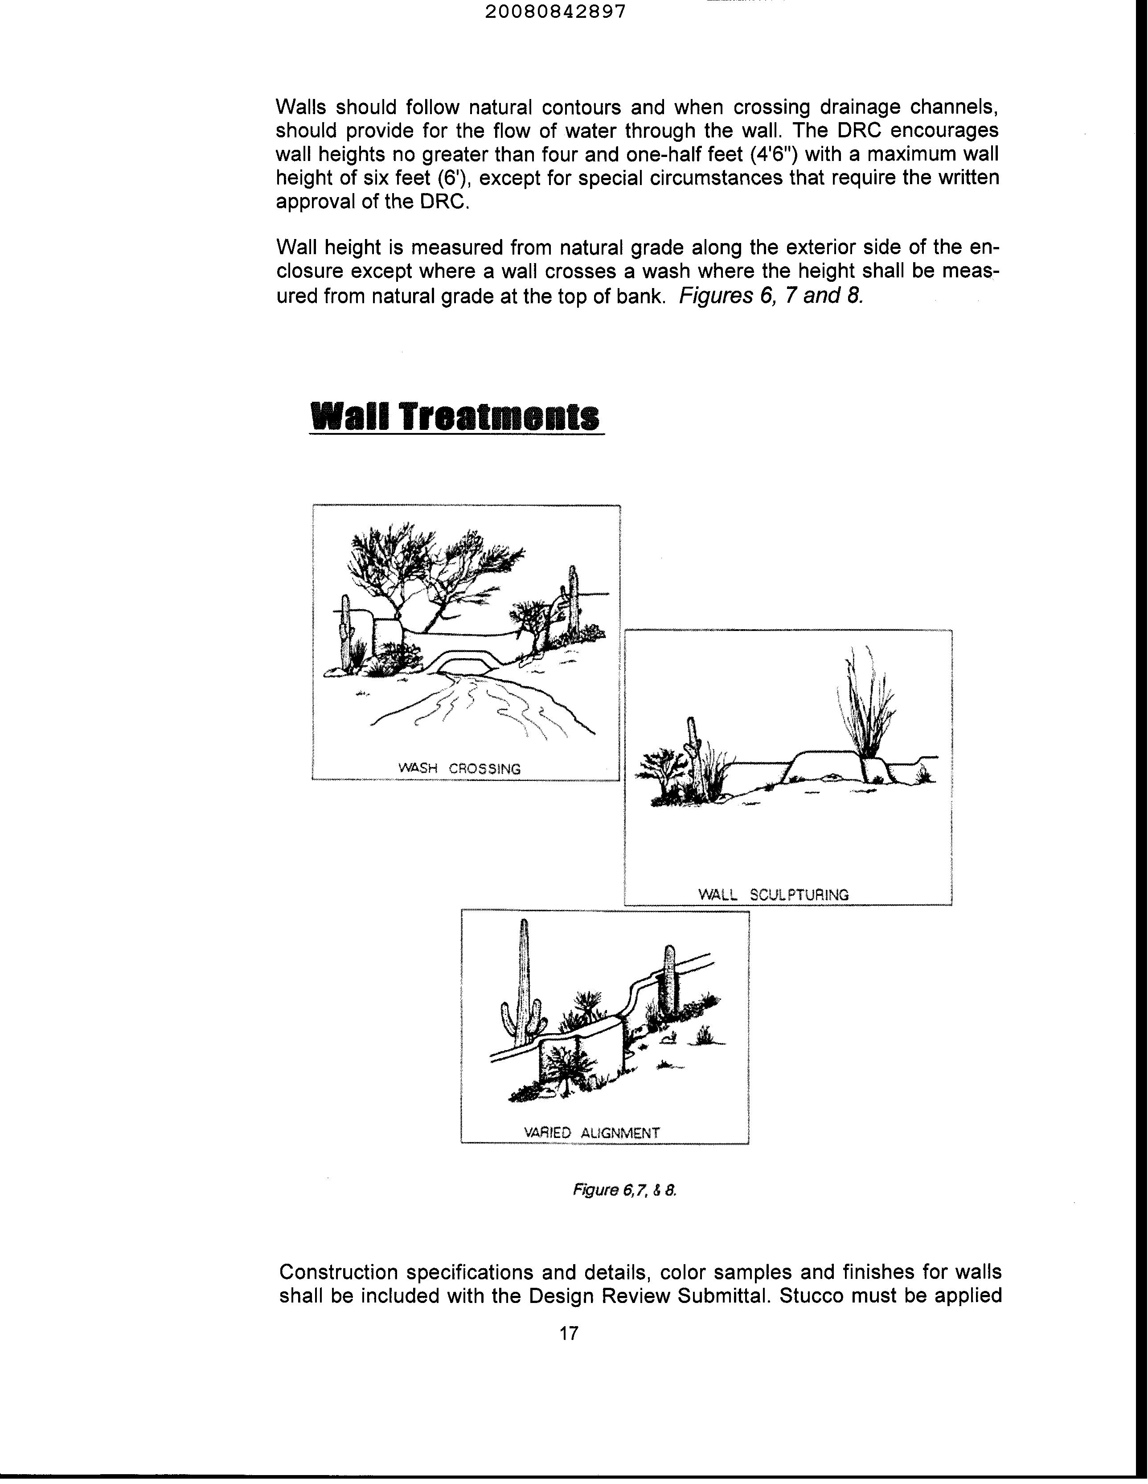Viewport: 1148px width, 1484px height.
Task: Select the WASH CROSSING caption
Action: (459, 768)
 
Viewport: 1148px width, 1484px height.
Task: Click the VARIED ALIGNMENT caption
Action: (592, 1133)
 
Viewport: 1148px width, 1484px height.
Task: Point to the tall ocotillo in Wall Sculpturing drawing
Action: (864, 707)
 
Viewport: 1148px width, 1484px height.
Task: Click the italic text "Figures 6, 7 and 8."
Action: (771, 296)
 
